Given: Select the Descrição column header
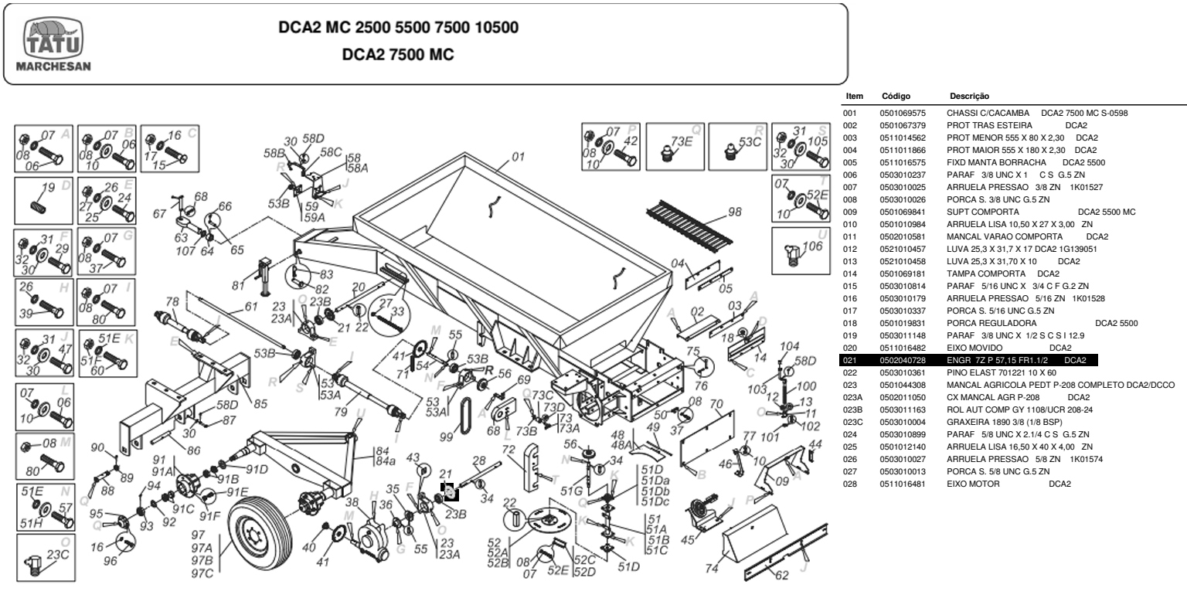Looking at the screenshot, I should click(969, 97).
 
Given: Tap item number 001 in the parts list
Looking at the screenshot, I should click(850, 113).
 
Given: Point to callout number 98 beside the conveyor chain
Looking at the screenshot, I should click(733, 211).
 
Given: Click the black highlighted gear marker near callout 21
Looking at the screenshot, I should click(450, 489).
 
